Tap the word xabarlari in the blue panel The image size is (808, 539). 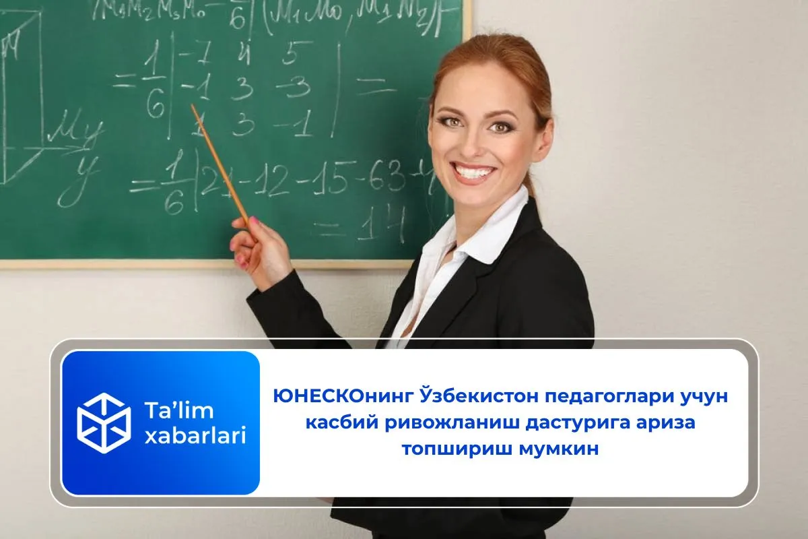point(195,436)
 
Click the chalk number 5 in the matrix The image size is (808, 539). point(289,55)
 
